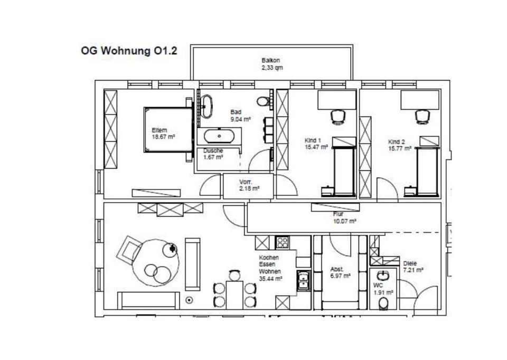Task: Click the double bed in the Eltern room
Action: click(167, 130)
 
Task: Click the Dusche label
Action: click(213, 150)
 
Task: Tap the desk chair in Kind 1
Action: click(336, 116)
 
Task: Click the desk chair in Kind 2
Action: click(421, 116)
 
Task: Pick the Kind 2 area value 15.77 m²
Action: click(399, 148)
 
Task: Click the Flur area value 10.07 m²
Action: click(344, 221)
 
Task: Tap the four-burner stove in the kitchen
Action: click(283, 243)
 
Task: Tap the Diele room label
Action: click(410, 263)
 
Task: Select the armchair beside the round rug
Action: click(129, 250)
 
